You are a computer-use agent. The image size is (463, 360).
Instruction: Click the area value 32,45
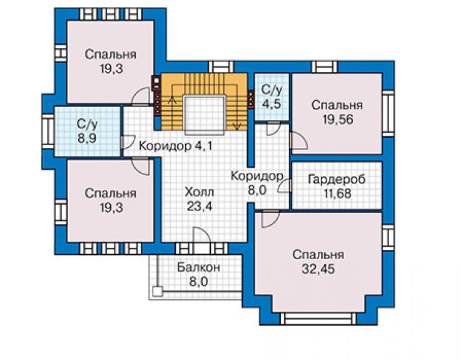tap(318, 269)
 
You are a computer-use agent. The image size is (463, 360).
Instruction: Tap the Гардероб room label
tap(337, 179)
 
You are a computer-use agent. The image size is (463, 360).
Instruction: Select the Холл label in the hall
tap(200, 192)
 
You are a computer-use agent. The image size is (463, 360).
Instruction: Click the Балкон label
tap(199, 267)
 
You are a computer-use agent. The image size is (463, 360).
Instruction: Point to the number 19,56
tap(338, 120)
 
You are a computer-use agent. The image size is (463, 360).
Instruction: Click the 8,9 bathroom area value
tap(87, 138)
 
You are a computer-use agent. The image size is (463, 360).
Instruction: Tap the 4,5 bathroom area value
tap(272, 104)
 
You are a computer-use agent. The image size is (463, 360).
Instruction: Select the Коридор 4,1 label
tap(175, 146)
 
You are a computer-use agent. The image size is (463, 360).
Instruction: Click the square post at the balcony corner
tap(158, 291)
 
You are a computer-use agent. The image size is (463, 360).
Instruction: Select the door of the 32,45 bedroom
tap(270, 218)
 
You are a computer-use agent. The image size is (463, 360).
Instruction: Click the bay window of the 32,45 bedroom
tap(318, 319)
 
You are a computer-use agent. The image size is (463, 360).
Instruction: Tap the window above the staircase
tap(221, 67)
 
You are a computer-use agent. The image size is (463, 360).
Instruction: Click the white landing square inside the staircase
tap(205, 115)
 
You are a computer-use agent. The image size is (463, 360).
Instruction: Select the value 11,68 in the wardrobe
tap(337, 193)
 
